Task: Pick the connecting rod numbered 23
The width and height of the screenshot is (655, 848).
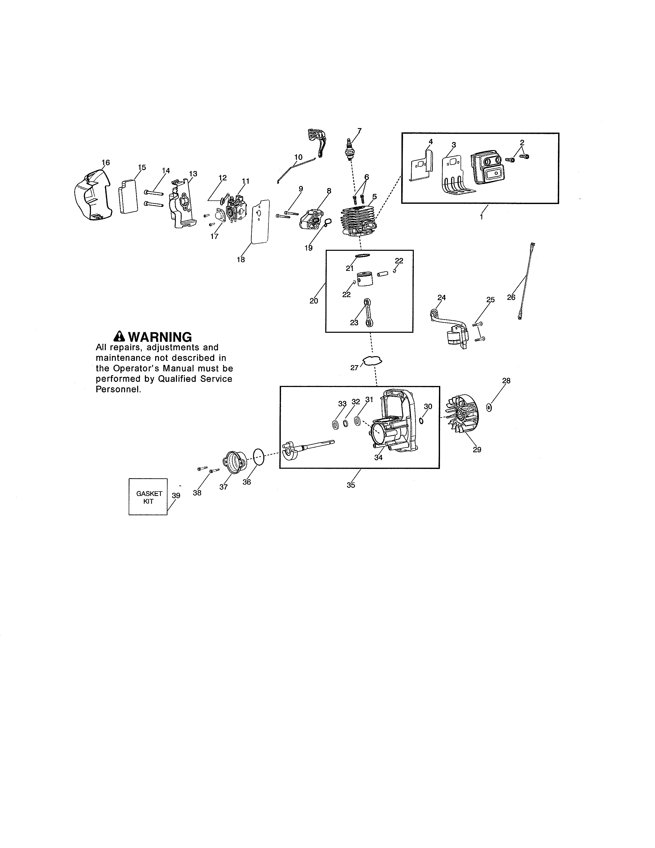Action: pyautogui.click(x=368, y=312)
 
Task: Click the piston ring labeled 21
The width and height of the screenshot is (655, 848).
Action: pyautogui.click(x=362, y=256)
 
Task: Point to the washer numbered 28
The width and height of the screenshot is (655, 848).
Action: pyautogui.click(x=489, y=407)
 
